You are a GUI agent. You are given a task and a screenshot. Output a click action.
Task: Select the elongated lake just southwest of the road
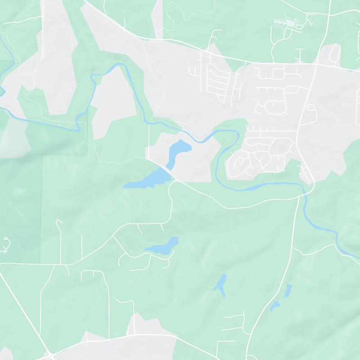[x=146, y=180]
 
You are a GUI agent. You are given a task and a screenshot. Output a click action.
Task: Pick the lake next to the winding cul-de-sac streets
[x=161, y=246]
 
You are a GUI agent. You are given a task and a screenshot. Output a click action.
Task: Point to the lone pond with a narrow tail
[x=220, y=285]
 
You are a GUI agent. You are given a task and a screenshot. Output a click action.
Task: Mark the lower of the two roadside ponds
[x=274, y=306]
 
